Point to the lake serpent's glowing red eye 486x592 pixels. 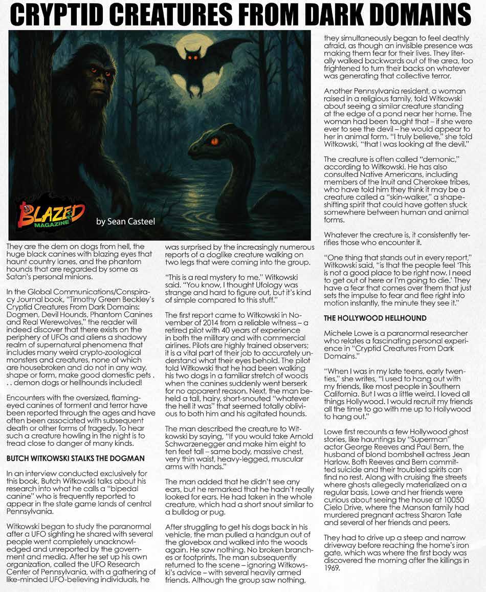pyautogui.click(x=214, y=141)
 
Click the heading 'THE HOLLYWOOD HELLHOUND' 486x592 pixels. pyautogui.click(x=375, y=318)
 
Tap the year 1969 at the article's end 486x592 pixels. pyautogui.click(x=332, y=567)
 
